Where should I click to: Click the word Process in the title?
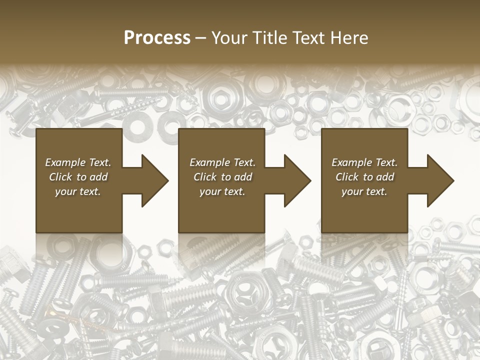[x=157, y=38]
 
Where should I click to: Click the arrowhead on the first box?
[x=155, y=180]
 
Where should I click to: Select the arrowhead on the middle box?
[x=297, y=180]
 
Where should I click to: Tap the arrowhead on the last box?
[x=440, y=180]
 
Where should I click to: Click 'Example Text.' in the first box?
[x=78, y=162]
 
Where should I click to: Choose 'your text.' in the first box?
[x=78, y=191]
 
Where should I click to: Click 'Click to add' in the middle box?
[x=223, y=177]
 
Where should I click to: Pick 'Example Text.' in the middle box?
[x=223, y=162]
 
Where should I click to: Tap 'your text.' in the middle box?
[x=223, y=191]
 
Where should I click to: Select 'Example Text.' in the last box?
[x=365, y=162]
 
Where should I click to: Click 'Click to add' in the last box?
[x=365, y=177]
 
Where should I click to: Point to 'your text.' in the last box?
[x=365, y=191]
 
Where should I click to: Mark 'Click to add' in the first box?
[x=78, y=177]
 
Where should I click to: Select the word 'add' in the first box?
[x=99, y=177]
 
